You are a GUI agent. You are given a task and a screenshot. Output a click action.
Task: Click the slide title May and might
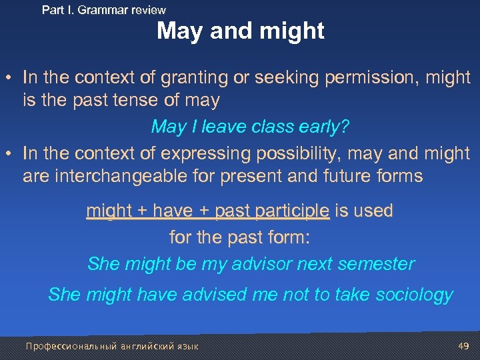tap(241, 31)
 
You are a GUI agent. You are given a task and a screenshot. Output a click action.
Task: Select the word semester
tap(376, 264)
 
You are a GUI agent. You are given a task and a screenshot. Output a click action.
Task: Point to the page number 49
tap(464, 345)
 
